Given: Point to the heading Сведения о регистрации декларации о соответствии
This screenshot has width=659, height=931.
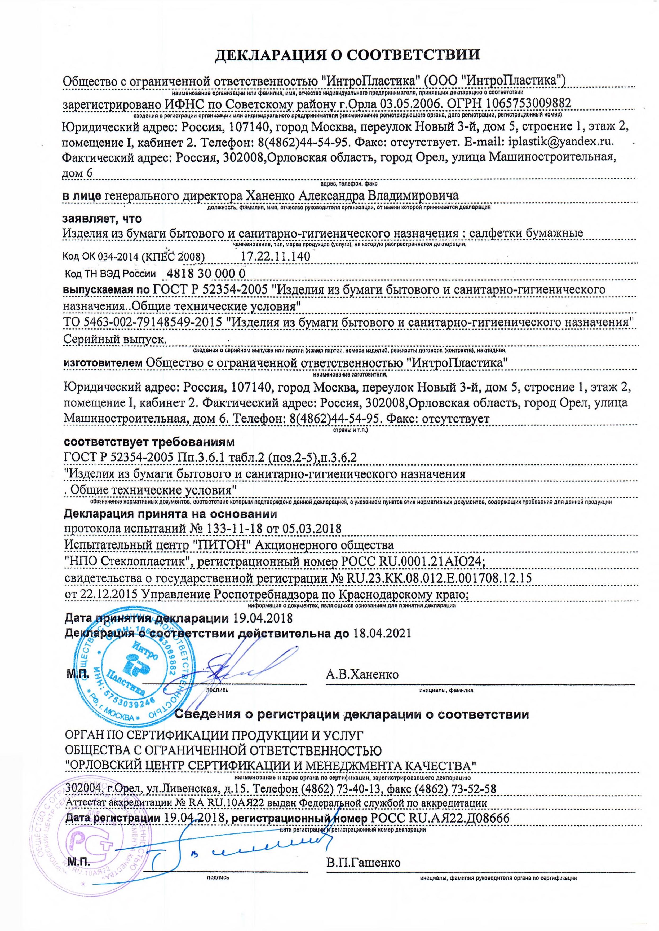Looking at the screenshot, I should tap(351, 714).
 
